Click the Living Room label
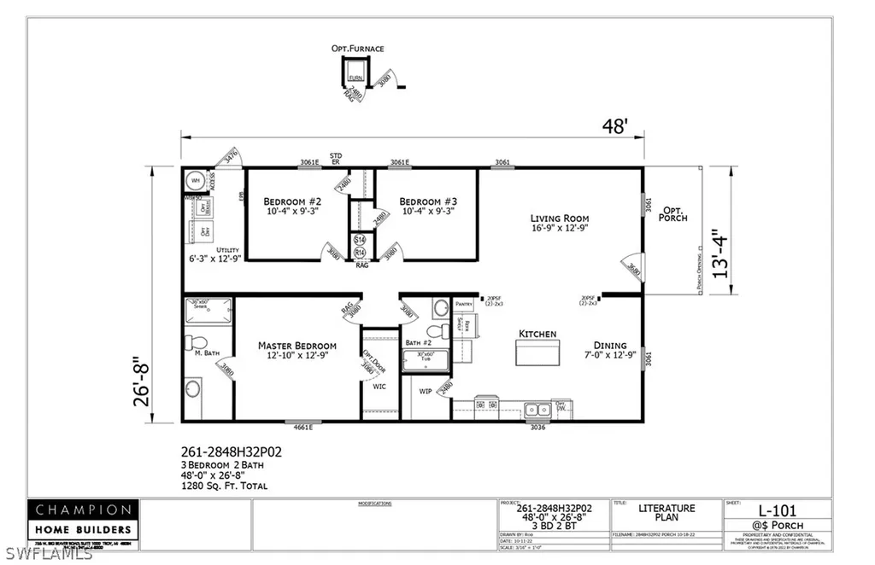560,218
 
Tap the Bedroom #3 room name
426,201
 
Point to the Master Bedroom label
297,346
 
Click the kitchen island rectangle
537,351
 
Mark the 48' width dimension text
615,127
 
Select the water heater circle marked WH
194,181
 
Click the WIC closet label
379,386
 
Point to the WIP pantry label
425,392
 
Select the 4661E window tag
302,428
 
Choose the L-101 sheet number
777,510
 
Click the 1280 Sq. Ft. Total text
225,486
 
